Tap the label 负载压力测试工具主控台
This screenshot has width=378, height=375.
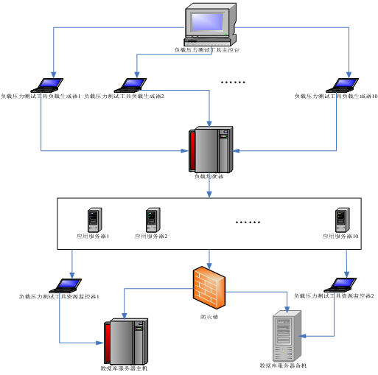coord(206,50)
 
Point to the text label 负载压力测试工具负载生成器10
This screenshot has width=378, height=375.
coord(335,96)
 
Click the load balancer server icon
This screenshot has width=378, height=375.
coord(211,149)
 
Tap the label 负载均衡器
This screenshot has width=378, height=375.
coord(209,177)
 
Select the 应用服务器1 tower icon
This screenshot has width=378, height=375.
coord(94,220)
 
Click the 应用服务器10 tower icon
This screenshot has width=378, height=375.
coord(341,220)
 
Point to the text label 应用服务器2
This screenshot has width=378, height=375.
coord(152,236)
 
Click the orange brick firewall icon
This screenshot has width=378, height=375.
coord(209,285)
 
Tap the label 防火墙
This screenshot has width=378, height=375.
coord(209,318)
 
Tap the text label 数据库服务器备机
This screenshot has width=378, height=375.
coord(283,365)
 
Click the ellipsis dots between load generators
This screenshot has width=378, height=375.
coord(233,83)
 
